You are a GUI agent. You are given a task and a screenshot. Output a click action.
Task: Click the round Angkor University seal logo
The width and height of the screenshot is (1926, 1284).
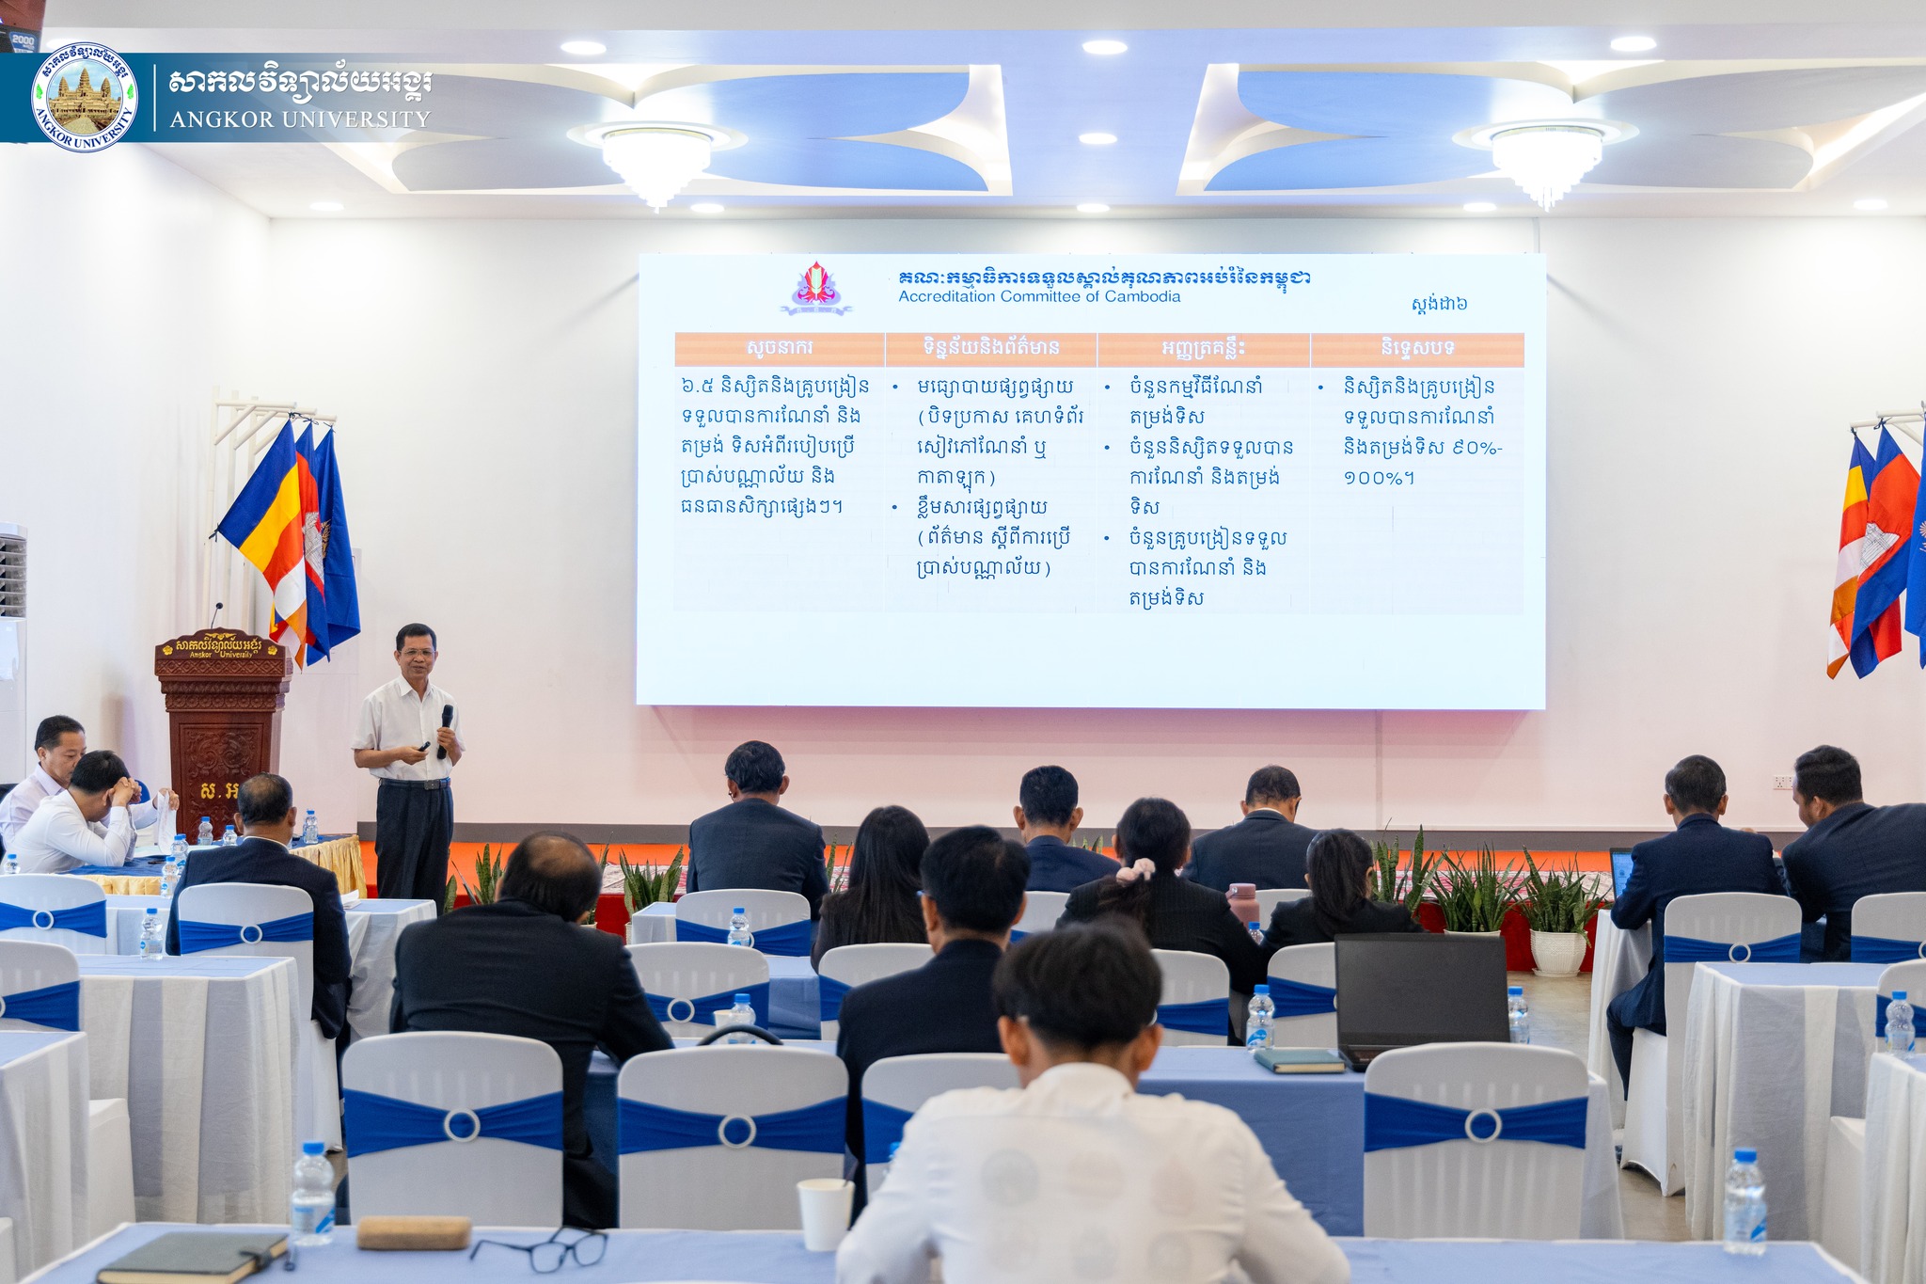[x=84, y=97]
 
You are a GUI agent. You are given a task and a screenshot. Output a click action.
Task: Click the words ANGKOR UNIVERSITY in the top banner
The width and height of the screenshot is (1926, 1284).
[x=300, y=119]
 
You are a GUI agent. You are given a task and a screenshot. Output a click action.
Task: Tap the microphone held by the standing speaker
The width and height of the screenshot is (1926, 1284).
[x=445, y=728]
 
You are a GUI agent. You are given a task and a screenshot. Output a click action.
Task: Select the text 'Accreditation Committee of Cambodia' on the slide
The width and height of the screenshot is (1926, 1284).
[x=1039, y=296]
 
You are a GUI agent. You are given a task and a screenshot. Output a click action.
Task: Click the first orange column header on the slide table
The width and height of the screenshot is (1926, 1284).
[x=779, y=348]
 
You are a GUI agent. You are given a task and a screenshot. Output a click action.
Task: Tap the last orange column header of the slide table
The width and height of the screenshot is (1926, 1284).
[x=1417, y=348]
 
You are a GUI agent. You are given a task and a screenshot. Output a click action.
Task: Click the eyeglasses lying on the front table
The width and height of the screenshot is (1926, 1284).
[x=540, y=1249]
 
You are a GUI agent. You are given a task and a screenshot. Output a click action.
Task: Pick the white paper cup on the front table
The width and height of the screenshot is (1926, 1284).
[x=825, y=1213]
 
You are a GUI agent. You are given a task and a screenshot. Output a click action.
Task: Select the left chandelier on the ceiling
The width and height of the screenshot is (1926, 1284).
[x=655, y=162]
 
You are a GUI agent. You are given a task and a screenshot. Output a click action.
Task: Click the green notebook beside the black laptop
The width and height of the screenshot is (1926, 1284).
[x=1299, y=1060]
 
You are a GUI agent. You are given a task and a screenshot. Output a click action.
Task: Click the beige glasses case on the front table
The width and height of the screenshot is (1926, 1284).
[x=413, y=1232]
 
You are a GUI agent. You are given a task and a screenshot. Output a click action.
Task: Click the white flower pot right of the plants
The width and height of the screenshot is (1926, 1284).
[x=1558, y=951]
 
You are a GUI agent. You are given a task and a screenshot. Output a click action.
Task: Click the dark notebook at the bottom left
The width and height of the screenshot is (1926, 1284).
[x=193, y=1258]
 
